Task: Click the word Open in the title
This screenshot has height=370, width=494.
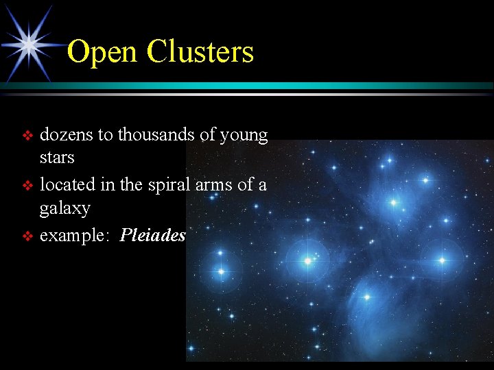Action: pos(102,52)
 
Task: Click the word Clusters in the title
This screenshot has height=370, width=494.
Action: pos(200,51)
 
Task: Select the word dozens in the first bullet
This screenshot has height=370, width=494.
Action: pos(67,135)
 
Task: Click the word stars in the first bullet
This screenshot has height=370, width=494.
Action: pos(57,158)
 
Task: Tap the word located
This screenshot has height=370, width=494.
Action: pos(67,185)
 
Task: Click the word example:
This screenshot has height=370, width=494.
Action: pos(76,236)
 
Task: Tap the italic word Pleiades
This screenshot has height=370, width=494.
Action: pos(152,236)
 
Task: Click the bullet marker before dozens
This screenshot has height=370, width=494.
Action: pos(28,136)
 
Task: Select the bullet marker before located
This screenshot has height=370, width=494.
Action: pos(28,186)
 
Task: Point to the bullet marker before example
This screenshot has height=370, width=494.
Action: pos(28,236)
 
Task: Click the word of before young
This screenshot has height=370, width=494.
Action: pos(209,135)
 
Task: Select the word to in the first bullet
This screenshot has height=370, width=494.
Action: pos(105,136)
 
